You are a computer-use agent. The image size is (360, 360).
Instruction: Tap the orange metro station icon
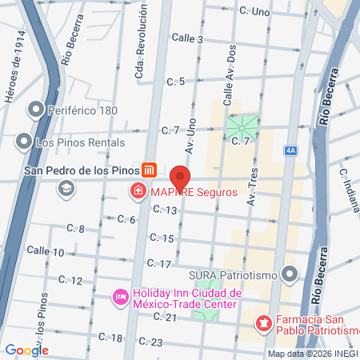tap(149, 170)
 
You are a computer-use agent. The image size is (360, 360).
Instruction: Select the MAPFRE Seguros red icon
tap(138, 191)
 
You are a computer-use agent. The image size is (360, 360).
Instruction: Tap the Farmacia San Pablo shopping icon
tap(262, 324)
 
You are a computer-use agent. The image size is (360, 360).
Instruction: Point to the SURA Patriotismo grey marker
tap(289, 276)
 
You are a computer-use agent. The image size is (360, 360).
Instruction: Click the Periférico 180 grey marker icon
tap(35, 109)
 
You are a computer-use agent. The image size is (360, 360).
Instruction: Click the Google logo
tap(27, 350)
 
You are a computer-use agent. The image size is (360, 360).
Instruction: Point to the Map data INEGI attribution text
tap(313, 354)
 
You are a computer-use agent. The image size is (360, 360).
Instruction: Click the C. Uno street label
tap(254, 12)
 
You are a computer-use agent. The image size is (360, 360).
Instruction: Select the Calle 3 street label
tap(188, 38)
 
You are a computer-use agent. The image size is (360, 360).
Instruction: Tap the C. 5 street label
tap(176, 81)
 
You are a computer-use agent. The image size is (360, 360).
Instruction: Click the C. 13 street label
tap(163, 210)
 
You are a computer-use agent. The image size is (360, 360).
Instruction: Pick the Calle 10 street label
tap(46, 251)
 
